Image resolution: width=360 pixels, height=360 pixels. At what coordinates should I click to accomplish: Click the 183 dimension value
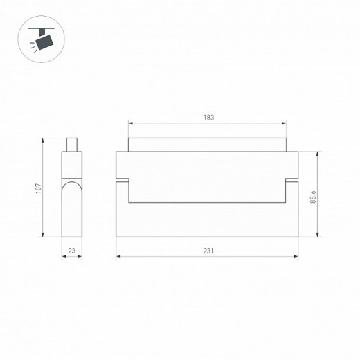(x=208, y=118)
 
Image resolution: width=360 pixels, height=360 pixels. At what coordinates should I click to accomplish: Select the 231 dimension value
(x=208, y=251)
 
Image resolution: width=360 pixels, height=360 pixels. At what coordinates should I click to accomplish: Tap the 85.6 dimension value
(x=313, y=197)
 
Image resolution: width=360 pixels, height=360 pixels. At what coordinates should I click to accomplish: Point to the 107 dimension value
(x=38, y=188)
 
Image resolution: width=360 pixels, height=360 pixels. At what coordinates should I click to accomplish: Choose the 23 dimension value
(x=72, y=251)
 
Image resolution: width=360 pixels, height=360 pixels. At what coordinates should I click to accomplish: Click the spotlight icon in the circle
(x=41, y=39)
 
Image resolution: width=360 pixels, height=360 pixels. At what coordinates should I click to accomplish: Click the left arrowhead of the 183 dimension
(x=131, y=123)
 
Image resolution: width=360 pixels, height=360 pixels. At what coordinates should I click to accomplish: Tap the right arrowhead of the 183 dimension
(x=284, y=123)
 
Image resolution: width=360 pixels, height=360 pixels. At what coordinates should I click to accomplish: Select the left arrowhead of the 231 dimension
(x=118, y=256)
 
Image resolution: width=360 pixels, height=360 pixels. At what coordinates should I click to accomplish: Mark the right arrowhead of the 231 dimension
(x=296, y=256)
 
